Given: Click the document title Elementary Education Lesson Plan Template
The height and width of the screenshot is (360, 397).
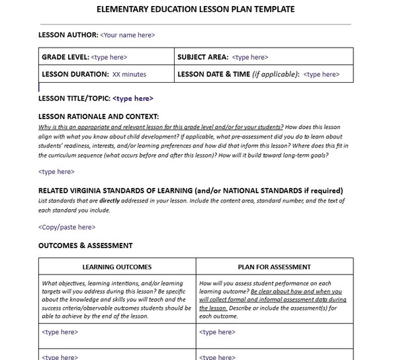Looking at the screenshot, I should coord(196,9).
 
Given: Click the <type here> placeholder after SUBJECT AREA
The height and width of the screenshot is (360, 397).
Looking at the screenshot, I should coord(250,58).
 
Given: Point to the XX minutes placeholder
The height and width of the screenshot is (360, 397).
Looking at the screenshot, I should coord(129,75).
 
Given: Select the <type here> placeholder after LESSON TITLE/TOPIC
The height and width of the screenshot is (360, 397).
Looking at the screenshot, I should coord(133,98).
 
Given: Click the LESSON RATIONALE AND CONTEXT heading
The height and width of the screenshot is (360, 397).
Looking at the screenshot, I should coord(99,116).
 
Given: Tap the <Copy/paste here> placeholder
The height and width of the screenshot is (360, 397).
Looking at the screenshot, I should coord(66,227).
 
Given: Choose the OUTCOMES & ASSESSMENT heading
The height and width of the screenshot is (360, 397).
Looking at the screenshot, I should coord(85,246).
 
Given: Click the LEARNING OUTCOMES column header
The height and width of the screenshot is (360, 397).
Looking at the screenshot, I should coord(116,267).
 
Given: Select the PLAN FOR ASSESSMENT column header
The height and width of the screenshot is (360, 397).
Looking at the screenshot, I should coord(274,267).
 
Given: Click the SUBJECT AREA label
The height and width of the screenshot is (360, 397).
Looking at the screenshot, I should coord(202,58).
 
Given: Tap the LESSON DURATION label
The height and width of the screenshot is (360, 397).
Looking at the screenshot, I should coord(75,75).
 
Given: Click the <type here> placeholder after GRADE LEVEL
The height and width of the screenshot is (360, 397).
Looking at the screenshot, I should coord(109,58).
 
